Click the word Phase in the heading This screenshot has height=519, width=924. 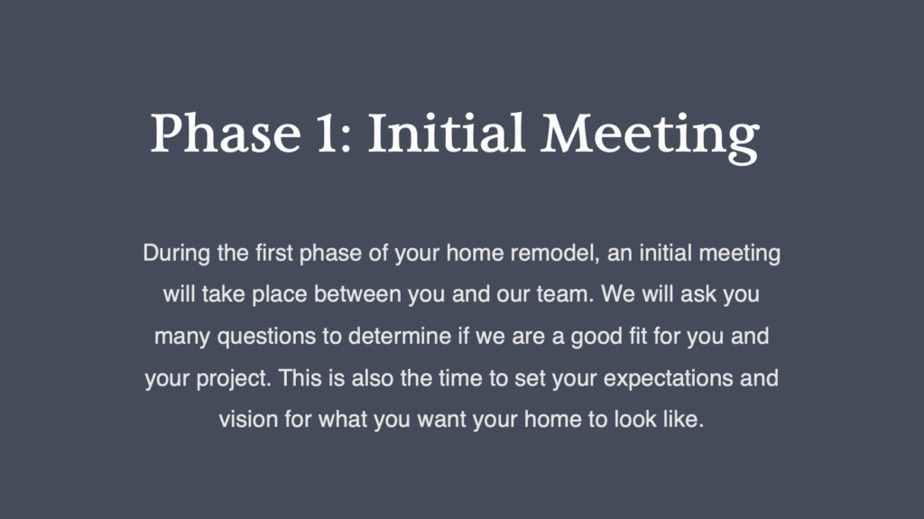(226, 134)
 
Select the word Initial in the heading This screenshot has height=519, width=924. (447, 134)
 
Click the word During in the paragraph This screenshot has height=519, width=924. (176, 254)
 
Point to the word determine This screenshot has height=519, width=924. (400, 336)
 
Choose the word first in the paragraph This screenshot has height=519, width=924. (274, 254)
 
